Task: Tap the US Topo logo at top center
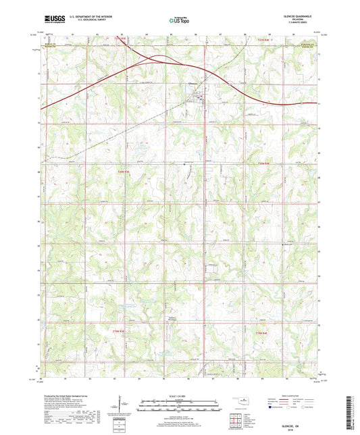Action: [x=177, y=21]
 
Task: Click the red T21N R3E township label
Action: [x=120, y=40]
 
